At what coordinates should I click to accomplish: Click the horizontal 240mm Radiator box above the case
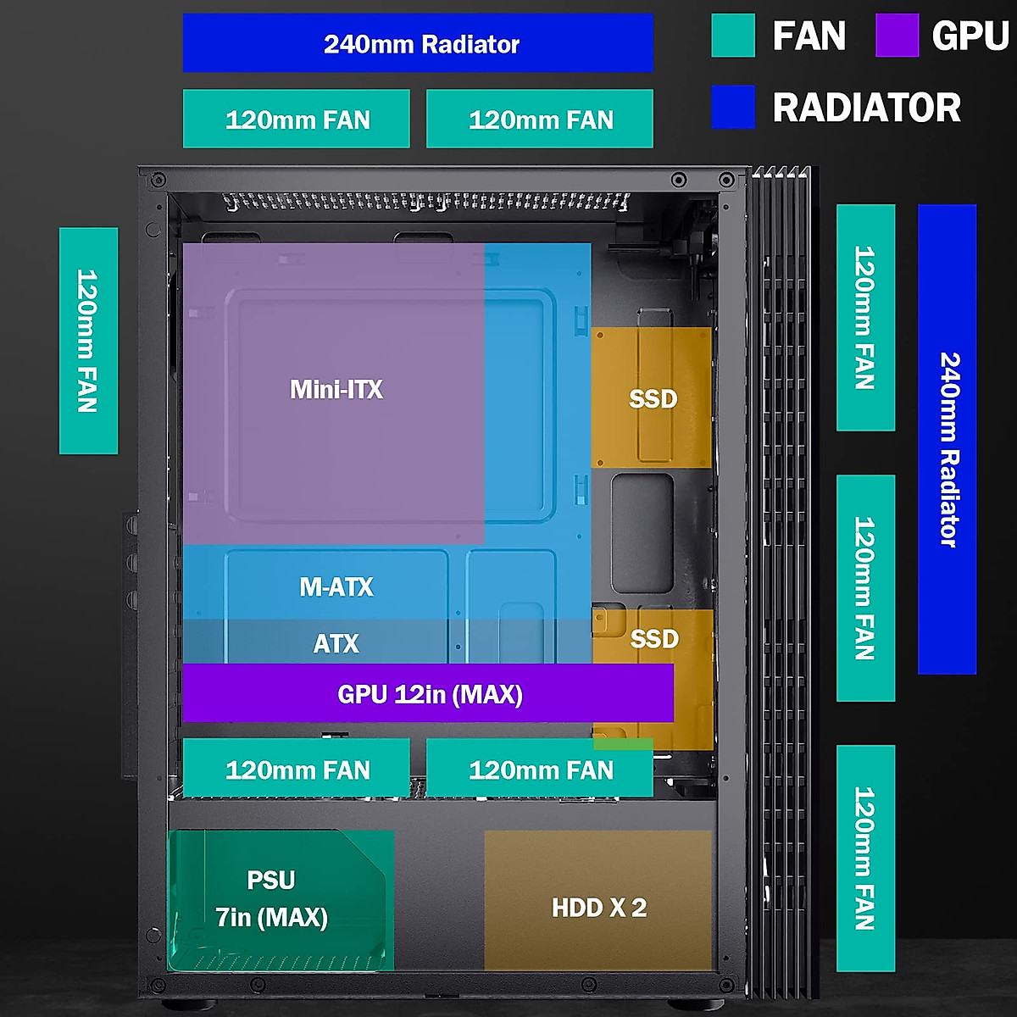(x=418, y=43)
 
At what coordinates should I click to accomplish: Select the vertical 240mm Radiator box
(x=947, y=439)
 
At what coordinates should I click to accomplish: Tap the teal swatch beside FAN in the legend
(x=733, y=36)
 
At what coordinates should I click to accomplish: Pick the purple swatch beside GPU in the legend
(x=897, y=36)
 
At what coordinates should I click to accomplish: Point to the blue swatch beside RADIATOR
(x=733, y=107)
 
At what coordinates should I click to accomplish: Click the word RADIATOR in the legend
(x=866, y=108)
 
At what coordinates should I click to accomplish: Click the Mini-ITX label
(x=336, y=389)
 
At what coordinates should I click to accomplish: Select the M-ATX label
(x=336, y=586)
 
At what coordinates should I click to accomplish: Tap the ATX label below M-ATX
(x=336, y=643)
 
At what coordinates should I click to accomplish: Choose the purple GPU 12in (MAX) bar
(x=428, y=693)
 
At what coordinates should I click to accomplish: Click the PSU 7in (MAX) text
(x=271, y=898)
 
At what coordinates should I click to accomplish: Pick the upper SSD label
(x=653, y=398)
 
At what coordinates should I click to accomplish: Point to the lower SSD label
(x=654, y=638)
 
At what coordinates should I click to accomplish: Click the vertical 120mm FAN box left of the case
(x=88, y=341)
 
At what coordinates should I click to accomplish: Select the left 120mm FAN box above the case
(x=297, y=119)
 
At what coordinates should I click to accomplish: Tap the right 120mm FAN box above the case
(x=540, y=119)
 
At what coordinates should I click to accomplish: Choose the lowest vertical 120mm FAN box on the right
(x=865, y=858)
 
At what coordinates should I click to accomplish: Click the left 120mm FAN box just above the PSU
(x=297, y=769)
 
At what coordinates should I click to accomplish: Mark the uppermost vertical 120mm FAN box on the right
(x=865, y=317)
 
